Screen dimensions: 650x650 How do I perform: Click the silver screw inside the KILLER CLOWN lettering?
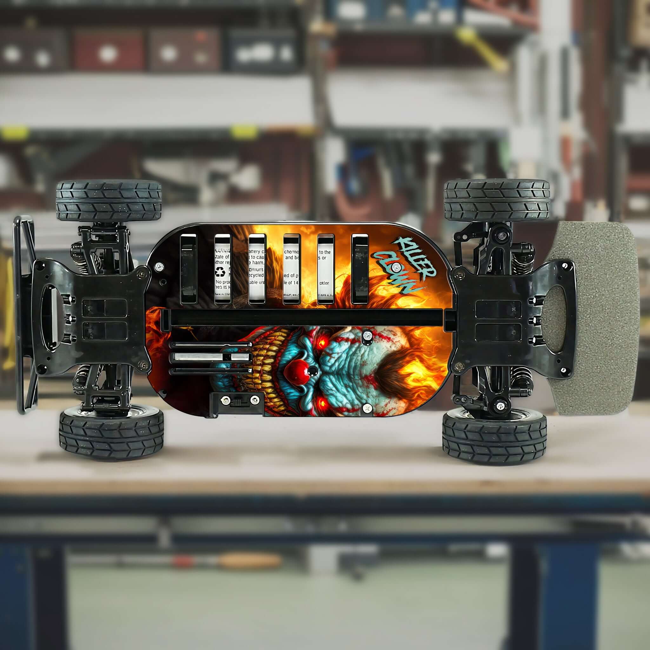pos(397,267)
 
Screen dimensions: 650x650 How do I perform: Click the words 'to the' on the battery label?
pos(325,252)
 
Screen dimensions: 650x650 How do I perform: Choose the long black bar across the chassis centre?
pos(303,318)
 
